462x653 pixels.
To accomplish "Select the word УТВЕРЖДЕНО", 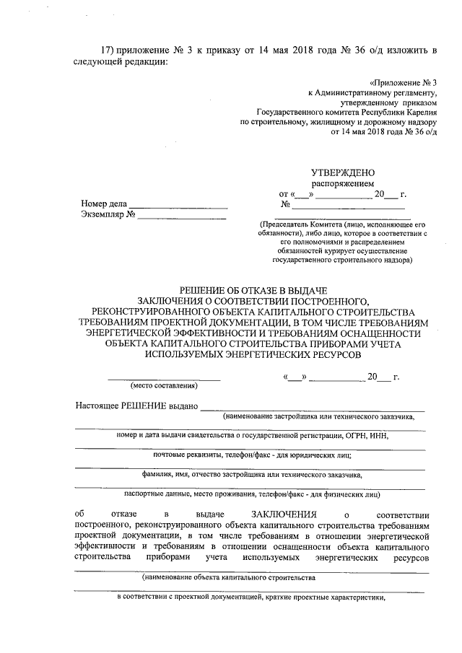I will tap(342, 173).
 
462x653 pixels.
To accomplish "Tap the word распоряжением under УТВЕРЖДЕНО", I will tap(342, 184).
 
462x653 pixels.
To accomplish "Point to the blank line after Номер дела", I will tap(178, 207).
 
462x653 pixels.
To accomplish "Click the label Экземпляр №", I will tap(108, 214).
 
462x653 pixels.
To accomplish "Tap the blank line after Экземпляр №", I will tap(181, 217).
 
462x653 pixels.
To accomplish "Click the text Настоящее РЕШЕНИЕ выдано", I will tap(136, 406).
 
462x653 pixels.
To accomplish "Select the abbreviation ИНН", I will tap(385, 436).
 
